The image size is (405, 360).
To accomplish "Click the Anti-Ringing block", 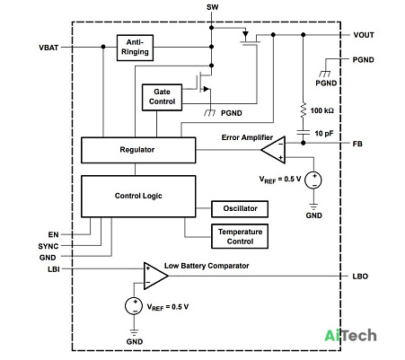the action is [135, 48].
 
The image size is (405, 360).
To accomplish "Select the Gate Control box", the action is [162, 97].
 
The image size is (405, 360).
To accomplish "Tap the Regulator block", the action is [138, 150].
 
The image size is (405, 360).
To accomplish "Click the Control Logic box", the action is [138, 197].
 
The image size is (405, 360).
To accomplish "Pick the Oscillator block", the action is [240, 209].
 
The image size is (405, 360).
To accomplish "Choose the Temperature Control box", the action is [240, 236].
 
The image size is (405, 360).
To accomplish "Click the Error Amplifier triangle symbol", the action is [273, 150].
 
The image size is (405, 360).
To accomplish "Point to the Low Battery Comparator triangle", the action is [155, 276].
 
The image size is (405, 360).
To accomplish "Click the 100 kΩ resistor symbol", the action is [304, 110].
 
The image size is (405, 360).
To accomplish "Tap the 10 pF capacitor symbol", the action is [304, 134].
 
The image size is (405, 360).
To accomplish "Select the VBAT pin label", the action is [48, 48].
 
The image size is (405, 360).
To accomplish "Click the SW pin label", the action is [212, 7].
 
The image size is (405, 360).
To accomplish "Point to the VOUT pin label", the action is [364, 35].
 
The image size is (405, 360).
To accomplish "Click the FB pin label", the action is [357, 144].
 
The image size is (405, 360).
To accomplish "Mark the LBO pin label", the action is [360, 277].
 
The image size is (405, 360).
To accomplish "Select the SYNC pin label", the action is [48, 246].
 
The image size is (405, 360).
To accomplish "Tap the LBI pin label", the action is [54, 269].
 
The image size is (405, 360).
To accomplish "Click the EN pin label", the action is [53, 234].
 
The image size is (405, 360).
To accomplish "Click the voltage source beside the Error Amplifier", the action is [313, 180].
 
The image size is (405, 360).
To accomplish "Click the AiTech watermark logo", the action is [350, 336].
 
